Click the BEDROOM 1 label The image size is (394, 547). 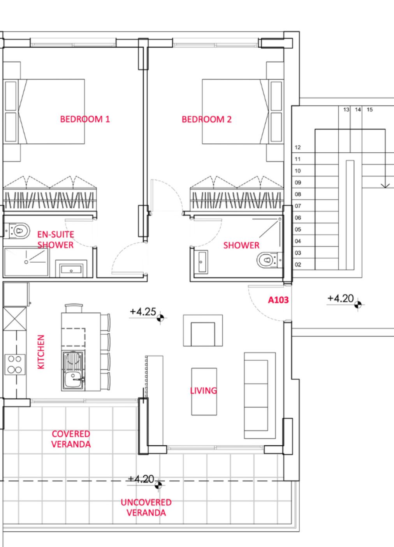tap(85, 119)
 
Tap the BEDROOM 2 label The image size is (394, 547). tap(207, 119)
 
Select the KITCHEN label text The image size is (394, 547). tap(41, 352)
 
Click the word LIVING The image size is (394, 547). tap(204, 390)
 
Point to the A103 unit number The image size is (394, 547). tap(278, 300)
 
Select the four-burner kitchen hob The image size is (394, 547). tap(15, 364)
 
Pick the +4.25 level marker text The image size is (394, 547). tap(143, 312)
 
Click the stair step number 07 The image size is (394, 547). tap(298, 206)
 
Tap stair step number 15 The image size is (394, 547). tap(369, 109)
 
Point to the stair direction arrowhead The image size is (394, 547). tap(385, 186)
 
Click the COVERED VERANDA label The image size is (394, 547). tap(71, 439)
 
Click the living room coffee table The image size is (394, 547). tap(204, 392)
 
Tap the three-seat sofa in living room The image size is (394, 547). tap(260, 395)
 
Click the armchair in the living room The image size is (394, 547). tap(203, 330)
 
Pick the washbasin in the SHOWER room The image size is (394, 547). tap(201, 262)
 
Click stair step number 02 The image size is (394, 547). tap(298, 265)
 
